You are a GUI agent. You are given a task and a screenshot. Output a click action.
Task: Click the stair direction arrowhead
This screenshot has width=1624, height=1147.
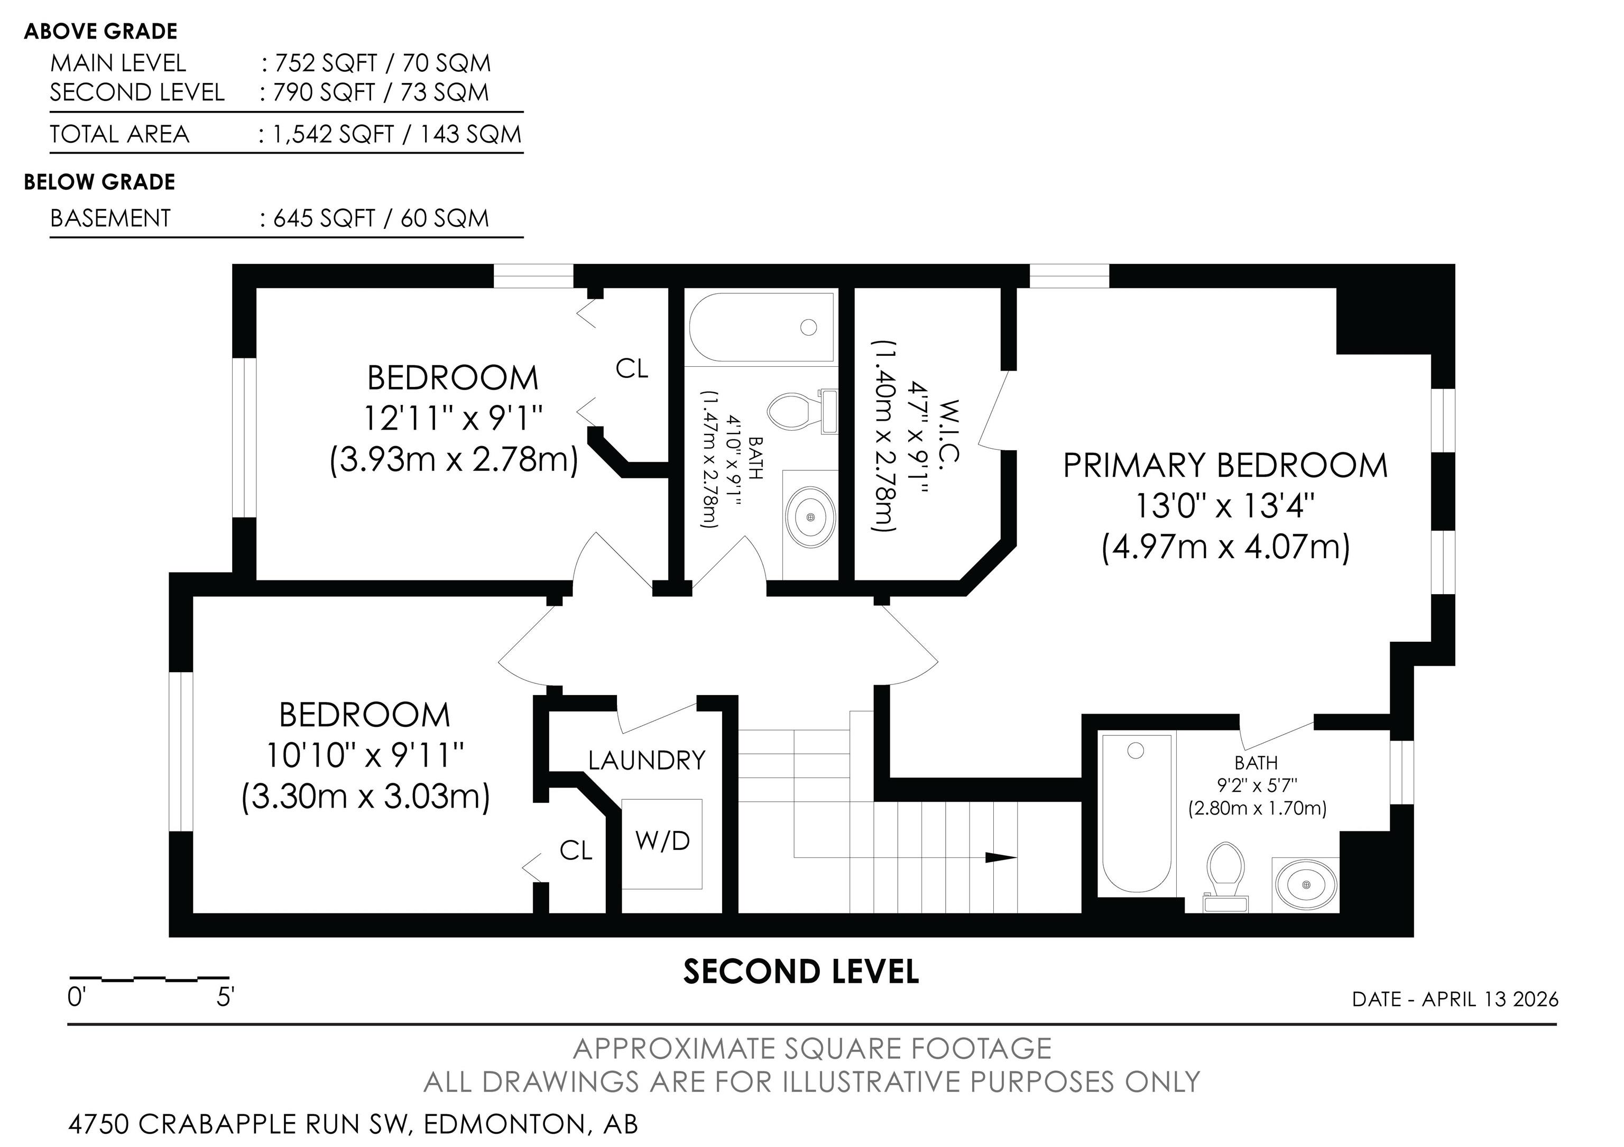(x=1000, y=858)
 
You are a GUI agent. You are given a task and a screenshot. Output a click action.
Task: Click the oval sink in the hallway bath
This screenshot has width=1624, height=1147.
(x=810, y=517)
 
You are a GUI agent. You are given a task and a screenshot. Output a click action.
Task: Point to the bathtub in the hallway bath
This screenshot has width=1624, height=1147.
(x=761, y=327)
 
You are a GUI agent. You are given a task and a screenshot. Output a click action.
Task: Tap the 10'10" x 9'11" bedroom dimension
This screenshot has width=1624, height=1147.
(x=364, y=756)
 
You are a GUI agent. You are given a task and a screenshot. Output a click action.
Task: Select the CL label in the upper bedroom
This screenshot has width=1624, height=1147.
(x=632, y=368)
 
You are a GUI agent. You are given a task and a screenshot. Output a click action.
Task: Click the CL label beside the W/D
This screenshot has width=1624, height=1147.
(x=576, y=850)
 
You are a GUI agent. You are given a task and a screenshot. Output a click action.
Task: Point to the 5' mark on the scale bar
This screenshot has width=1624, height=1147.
(x=225, y=998)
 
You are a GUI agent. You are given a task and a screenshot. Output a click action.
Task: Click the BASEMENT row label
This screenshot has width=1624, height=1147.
(x=110, y=218)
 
